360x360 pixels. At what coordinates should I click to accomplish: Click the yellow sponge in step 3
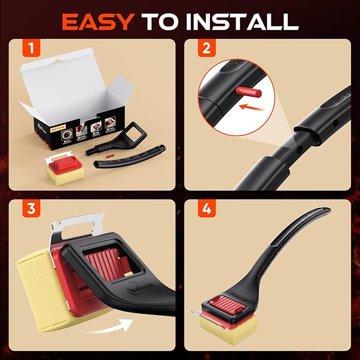point(37,286)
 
